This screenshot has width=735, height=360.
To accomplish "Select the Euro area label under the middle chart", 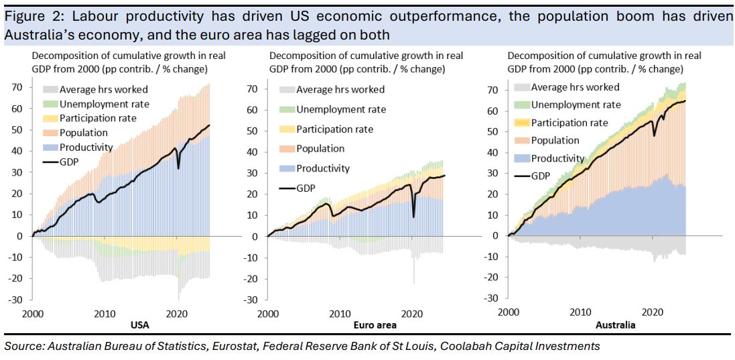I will [x=375, y=325].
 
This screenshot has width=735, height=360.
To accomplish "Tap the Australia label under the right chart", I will [x=615, y=325].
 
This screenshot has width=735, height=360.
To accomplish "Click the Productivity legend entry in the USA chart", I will [x=84, y=147].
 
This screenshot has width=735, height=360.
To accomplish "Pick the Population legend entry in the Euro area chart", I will [x=320, y=149].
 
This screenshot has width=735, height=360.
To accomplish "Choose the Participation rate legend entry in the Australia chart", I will [x=570, y=123].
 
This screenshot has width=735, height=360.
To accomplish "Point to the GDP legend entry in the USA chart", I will [x=70, y=162].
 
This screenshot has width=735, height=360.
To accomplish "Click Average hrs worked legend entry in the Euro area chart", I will [x=340, y=89].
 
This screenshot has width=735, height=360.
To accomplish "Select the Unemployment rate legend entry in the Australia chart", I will [x=576, y=105].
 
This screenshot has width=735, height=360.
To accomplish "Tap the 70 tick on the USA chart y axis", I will [x=18, y=87].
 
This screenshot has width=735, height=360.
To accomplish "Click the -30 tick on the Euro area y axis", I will [x=253, y=300].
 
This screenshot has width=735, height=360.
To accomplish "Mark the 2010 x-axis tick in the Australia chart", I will [x=580, y=312].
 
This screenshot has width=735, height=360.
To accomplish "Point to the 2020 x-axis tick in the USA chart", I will [x=177, y=313].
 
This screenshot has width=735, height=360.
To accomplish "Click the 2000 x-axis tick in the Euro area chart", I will [x=268, y=313].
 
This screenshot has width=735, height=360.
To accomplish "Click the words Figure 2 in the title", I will [x=25, y=15].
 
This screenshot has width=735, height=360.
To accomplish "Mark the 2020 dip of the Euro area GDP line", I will [x=413, y=216].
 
